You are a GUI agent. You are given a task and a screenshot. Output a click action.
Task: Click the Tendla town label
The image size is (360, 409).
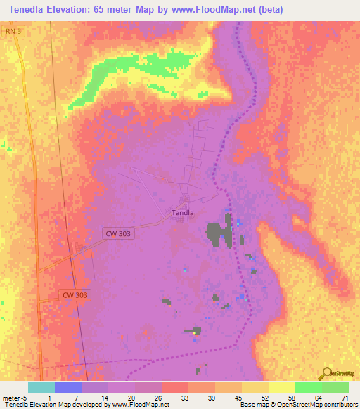[183, 212]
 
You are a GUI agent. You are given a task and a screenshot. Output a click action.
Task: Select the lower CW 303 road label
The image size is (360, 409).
[75, 296]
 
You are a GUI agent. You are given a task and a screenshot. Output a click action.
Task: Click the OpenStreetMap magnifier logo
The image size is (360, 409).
[326, 375]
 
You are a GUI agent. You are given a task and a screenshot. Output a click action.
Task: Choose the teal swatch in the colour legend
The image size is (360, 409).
[41, 387]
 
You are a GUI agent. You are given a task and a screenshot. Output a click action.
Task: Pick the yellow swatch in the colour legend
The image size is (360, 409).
[281, 387]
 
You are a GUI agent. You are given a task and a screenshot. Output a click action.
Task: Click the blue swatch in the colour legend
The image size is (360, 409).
[68, 387]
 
